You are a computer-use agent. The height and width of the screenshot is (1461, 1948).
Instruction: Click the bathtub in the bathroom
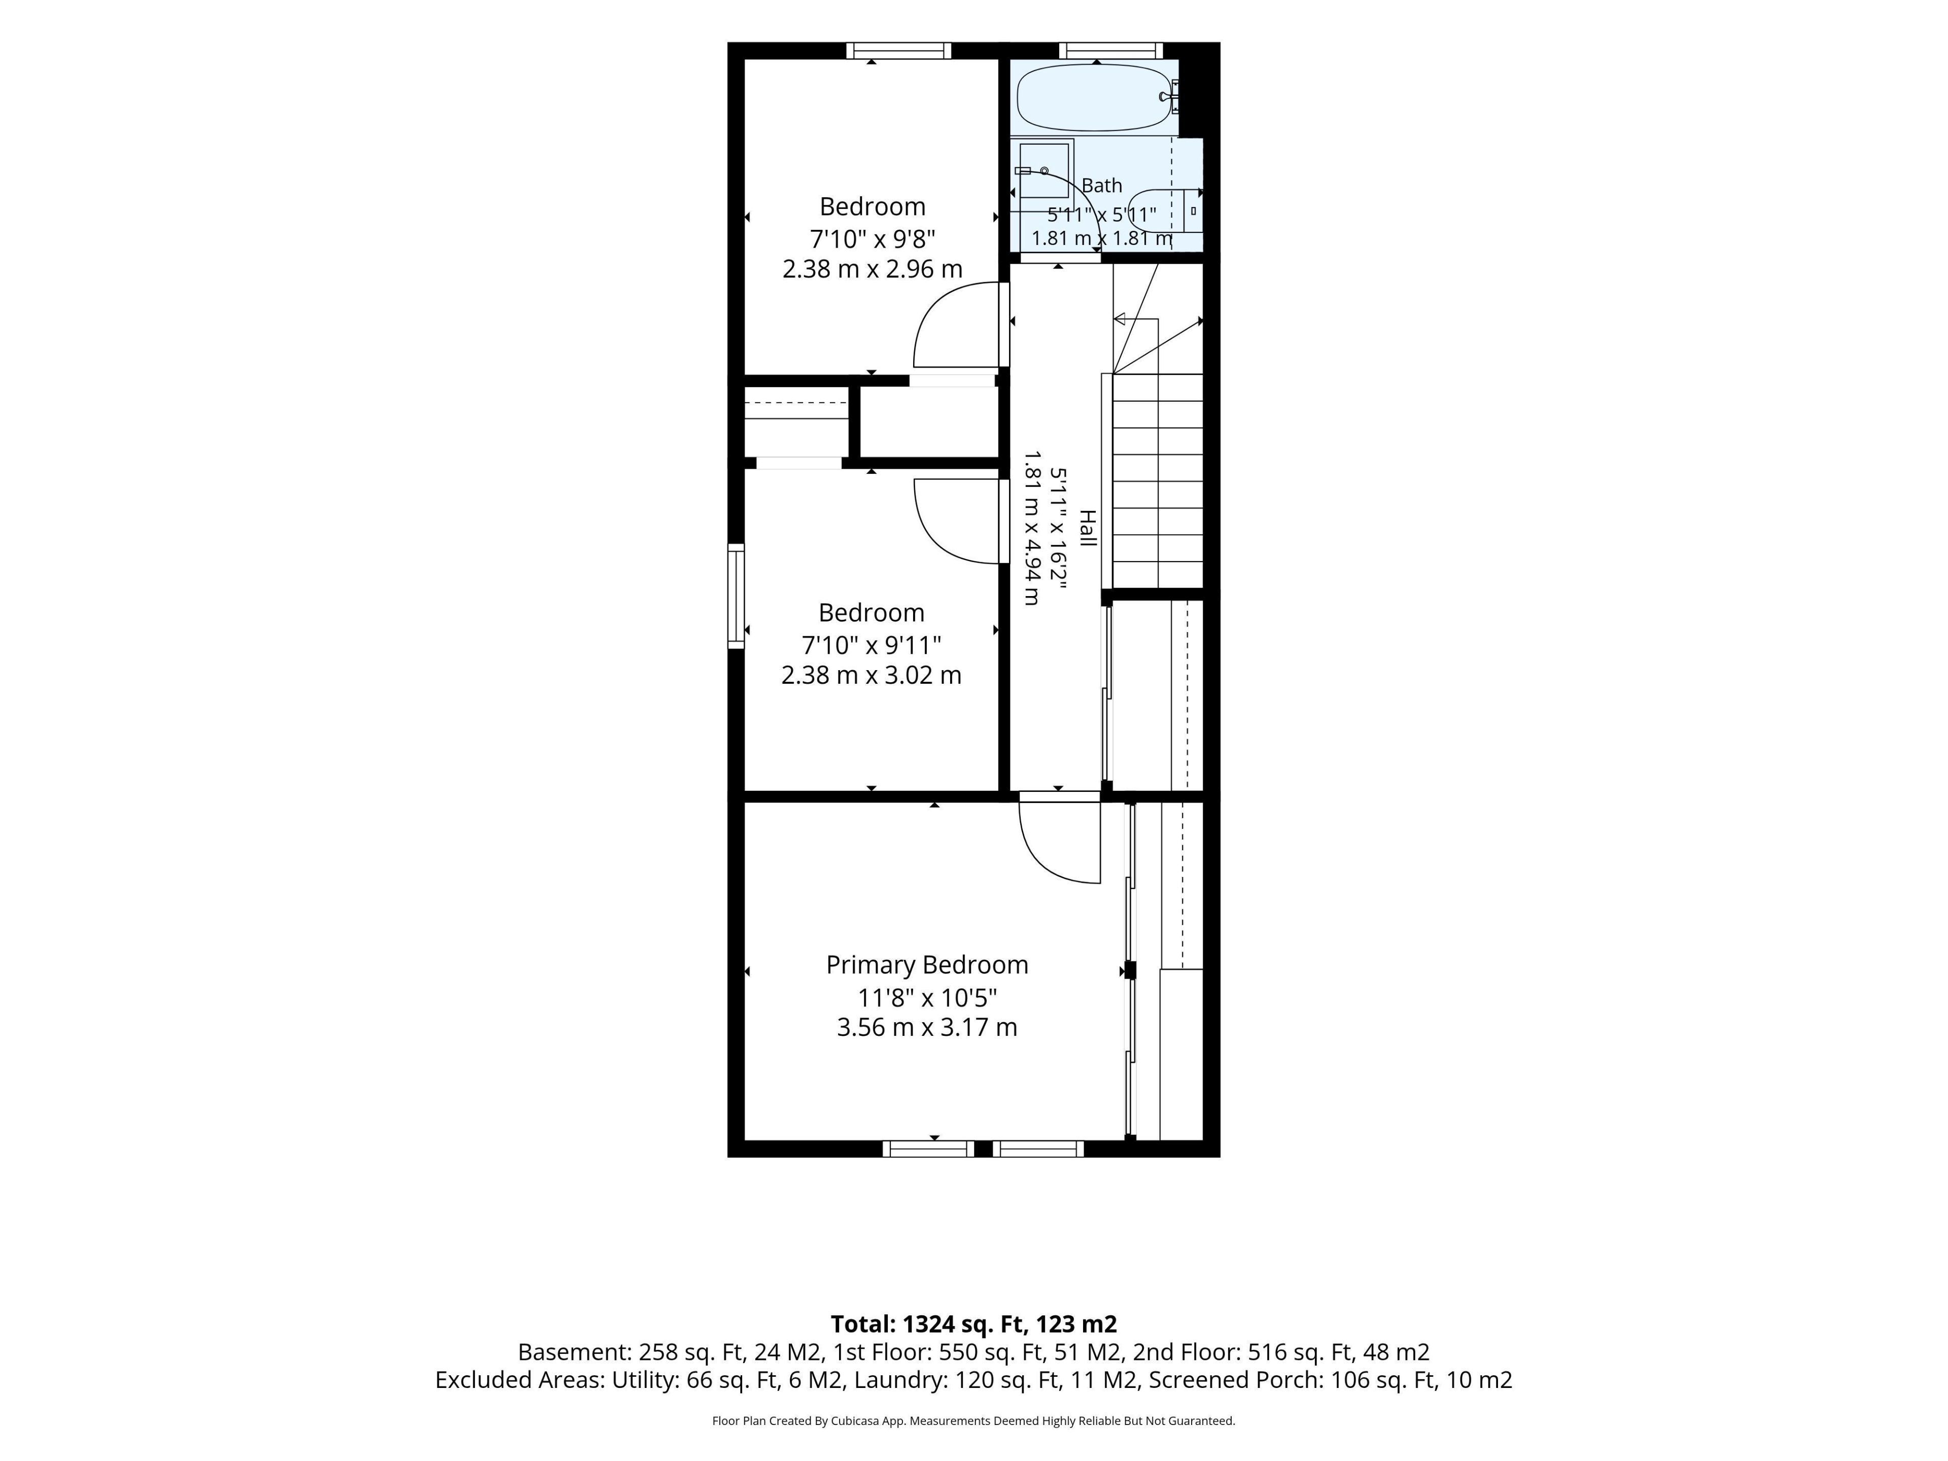tap(1096, 98)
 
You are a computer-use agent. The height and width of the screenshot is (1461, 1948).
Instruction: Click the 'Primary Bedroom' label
tap(926, 965)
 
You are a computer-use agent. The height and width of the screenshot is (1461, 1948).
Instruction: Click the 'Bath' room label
tap(1102, 186)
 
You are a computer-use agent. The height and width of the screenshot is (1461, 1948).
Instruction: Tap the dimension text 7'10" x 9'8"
tap(872, 238)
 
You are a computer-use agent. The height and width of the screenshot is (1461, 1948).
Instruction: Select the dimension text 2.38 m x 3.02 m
tap(871, 676)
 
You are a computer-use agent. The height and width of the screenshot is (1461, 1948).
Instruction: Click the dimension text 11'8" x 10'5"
tap(927, 998)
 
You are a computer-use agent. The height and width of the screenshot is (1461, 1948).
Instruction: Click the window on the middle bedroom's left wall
tap(736, 596)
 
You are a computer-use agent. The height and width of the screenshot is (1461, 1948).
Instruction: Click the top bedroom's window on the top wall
tap(898, 50)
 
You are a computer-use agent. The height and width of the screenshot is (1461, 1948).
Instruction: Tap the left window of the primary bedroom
tap(928, 1149)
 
